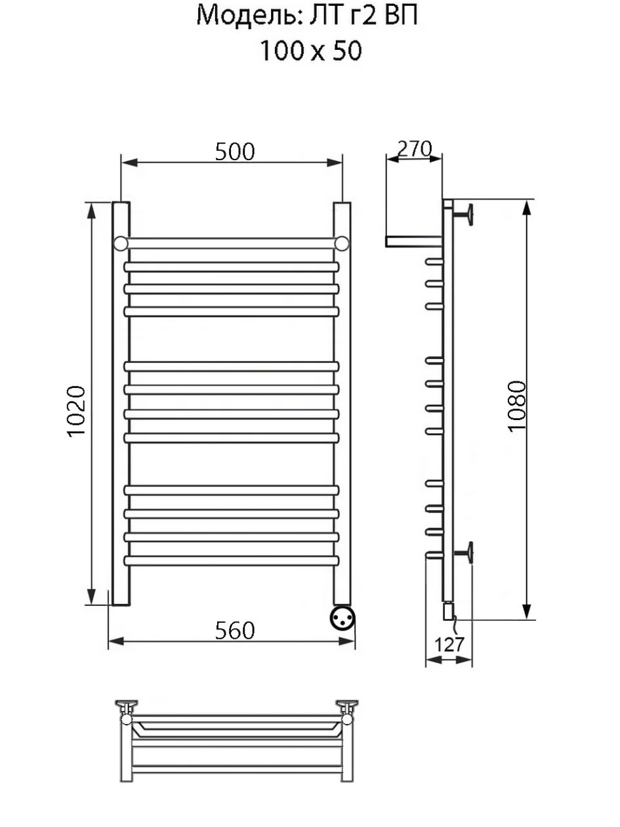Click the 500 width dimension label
(x=235, y=152)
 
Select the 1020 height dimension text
(x=77, y=412)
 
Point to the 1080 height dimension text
(x=516, y=406)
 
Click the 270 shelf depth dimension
(x=415, y=149)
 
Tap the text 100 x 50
(x=310, y=51)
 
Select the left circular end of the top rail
(x=121, y=244)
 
